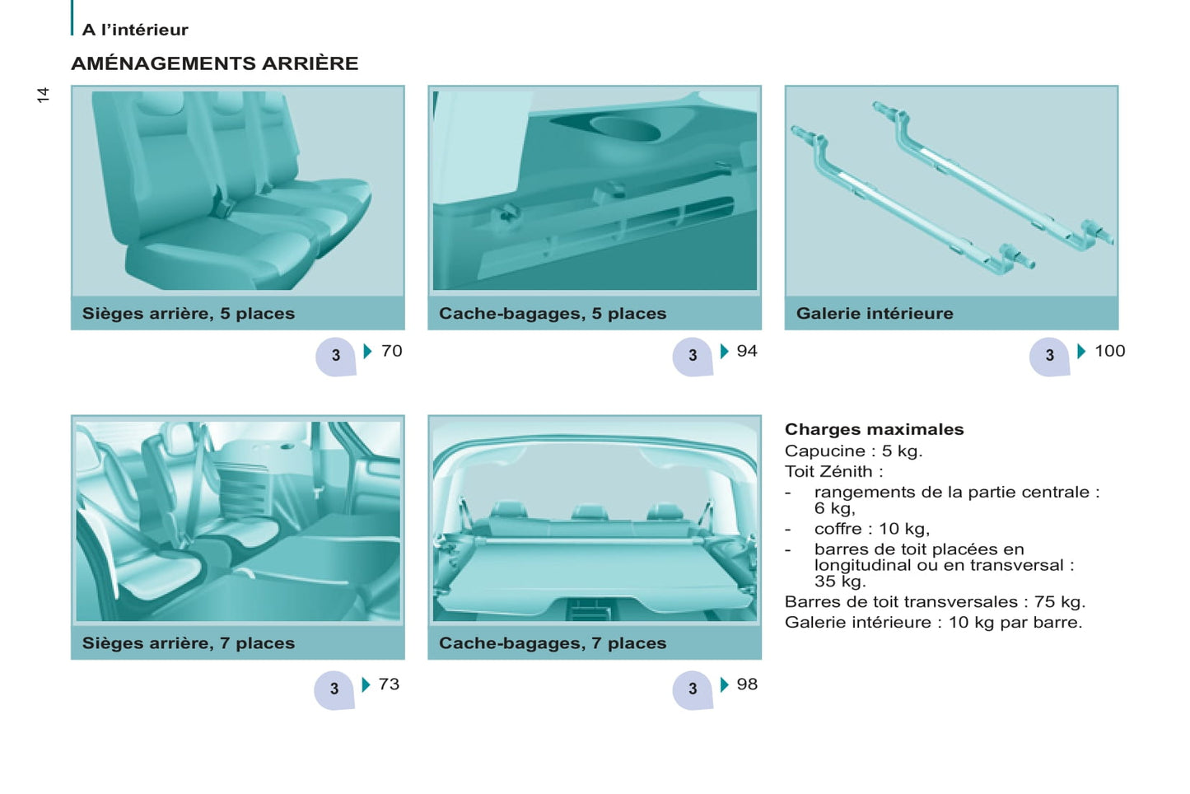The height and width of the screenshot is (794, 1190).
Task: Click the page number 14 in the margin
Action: point(43,95)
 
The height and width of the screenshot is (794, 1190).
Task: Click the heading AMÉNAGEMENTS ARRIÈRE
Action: point(215,63)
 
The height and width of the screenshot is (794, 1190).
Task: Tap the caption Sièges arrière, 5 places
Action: point(188,313)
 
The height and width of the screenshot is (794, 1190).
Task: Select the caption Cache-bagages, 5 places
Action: point(553,313)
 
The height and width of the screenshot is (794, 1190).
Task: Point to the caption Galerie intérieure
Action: point(875,313)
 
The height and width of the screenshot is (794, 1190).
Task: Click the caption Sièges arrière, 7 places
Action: point(188,643)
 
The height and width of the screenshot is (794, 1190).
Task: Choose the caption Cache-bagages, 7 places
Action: point(553,643)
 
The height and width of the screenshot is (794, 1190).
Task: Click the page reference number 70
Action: point(391,351)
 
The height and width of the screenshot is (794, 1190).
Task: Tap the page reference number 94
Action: point(747,351)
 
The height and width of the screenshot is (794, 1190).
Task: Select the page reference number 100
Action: point(1110,351)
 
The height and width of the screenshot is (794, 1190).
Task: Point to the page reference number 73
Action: point(389,684)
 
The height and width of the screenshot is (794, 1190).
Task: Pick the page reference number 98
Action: point(747,684)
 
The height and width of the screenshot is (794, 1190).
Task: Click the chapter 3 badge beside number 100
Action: point(1049,357)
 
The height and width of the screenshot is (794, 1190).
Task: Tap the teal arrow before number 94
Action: point(724,351)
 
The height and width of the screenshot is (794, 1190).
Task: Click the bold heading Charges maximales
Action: point(874,429)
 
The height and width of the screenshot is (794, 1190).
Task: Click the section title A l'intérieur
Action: point(135,30)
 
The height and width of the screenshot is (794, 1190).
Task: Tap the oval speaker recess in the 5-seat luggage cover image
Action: point(625,129)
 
